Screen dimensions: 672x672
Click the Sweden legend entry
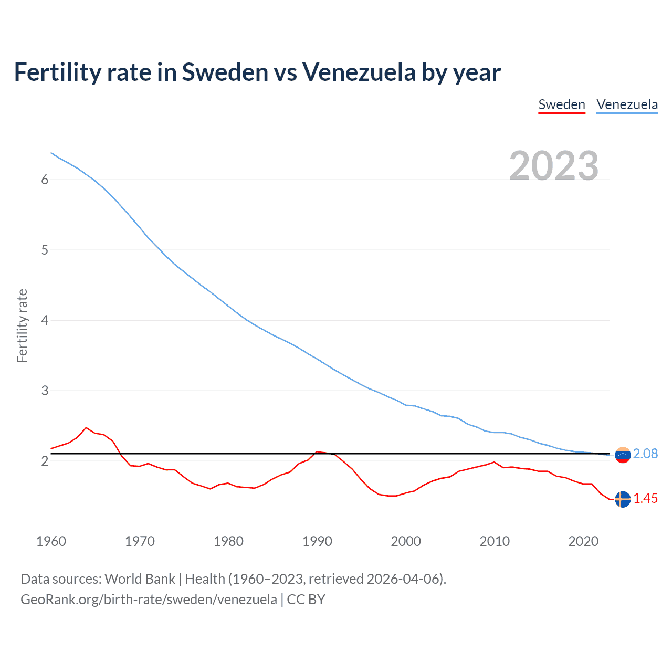[x=561, y=104]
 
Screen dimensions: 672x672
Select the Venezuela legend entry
[x=627, y=104]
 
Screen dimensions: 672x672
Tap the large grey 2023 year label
[x=553, y=166]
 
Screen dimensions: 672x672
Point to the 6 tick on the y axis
[x=45, y=180]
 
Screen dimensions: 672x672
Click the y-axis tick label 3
[x=45, y=391]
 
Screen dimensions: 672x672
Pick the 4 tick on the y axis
[x=45, y=320]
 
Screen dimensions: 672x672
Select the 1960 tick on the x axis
[x=51, y=541]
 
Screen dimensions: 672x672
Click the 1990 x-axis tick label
[x=317, y=541]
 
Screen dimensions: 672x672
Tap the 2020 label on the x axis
[x=583, y=541]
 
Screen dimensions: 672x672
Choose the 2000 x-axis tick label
[x=406, y=541]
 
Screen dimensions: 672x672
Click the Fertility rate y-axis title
[x=22, y=325]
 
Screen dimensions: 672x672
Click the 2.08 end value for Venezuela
[x=645, y=454]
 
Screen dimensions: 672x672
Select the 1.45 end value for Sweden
[x=645, y=499]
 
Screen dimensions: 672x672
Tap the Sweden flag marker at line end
[x=623, y=499]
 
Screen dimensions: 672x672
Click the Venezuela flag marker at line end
[x=623, y=455]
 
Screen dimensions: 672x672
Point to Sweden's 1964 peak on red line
[x=87, y=428]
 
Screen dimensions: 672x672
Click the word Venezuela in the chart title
[x=359, y=72]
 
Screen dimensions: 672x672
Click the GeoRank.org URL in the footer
[x=149, y=600]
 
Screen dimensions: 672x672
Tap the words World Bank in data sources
[x=140, y=579]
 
